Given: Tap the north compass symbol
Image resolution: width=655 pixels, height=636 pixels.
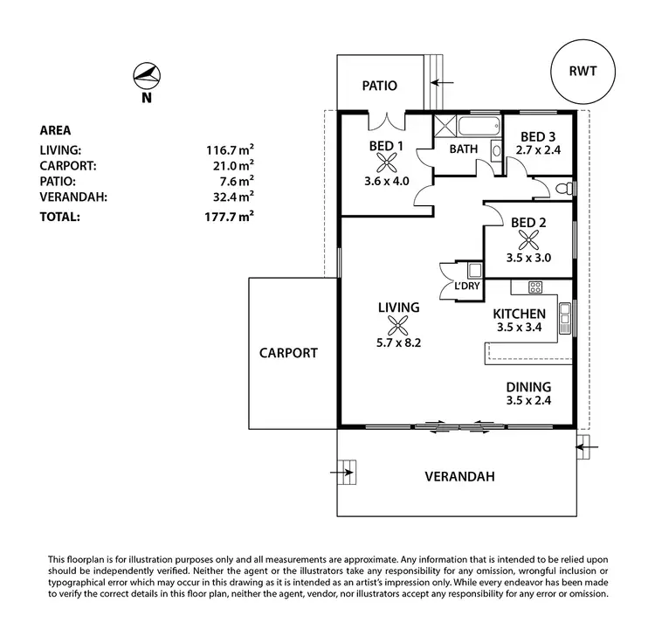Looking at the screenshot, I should (x=146, y=76).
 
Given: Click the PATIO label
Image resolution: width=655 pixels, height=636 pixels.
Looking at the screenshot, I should (x=380, y=86).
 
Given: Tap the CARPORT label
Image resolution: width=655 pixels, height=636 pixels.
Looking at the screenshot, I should (x=288, y=354).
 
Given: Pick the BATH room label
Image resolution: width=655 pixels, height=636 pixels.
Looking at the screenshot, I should (x=463, y=149).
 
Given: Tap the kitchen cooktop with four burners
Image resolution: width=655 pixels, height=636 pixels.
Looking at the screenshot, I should (x=534, y=287).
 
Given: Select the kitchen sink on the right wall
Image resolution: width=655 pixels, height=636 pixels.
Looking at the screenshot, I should (x=565, y=313).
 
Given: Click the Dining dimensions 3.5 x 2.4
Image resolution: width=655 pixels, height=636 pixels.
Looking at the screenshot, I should (x=528, y=401).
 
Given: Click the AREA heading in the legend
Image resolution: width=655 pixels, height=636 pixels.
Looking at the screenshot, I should (x=55, y=130).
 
